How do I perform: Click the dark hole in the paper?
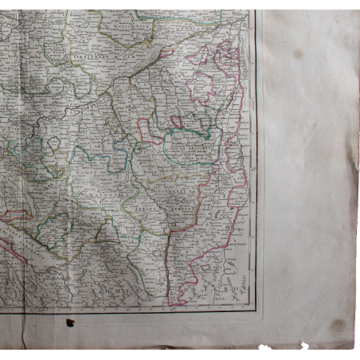coord(70,323)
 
